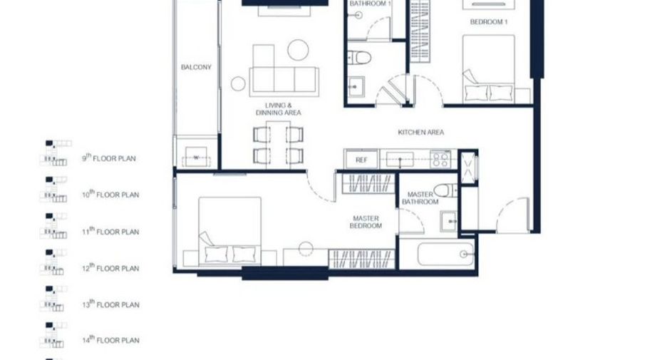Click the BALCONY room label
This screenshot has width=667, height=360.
coord(196,67)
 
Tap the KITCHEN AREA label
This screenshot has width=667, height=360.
coord(420,133)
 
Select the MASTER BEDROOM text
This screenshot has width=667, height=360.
coord(366,222)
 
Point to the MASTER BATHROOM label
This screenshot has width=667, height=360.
coord(420,198)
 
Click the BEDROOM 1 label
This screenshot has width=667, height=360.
coord(489,21)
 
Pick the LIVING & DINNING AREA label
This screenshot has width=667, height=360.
coord(278,109)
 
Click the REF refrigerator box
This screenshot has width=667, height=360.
coord(361,160)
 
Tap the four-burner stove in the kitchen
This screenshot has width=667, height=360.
coord(440,160)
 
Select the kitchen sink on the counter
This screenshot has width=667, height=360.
coord(400,160)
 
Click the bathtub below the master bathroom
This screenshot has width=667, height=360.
coord(446,254)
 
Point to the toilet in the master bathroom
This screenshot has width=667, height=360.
coord(445,190)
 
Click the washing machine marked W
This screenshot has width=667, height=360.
coord(196,157)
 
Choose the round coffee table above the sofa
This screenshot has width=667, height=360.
coord(298,50)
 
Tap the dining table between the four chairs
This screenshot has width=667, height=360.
coord(278,144)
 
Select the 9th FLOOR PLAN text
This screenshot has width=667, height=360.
coord(109,158)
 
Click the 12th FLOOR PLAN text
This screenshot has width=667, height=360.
coord(110,267)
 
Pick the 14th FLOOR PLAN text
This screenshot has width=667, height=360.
coord(110,339)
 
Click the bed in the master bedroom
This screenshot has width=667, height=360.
coord(229,232)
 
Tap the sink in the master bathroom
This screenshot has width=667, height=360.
coord(448,221)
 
